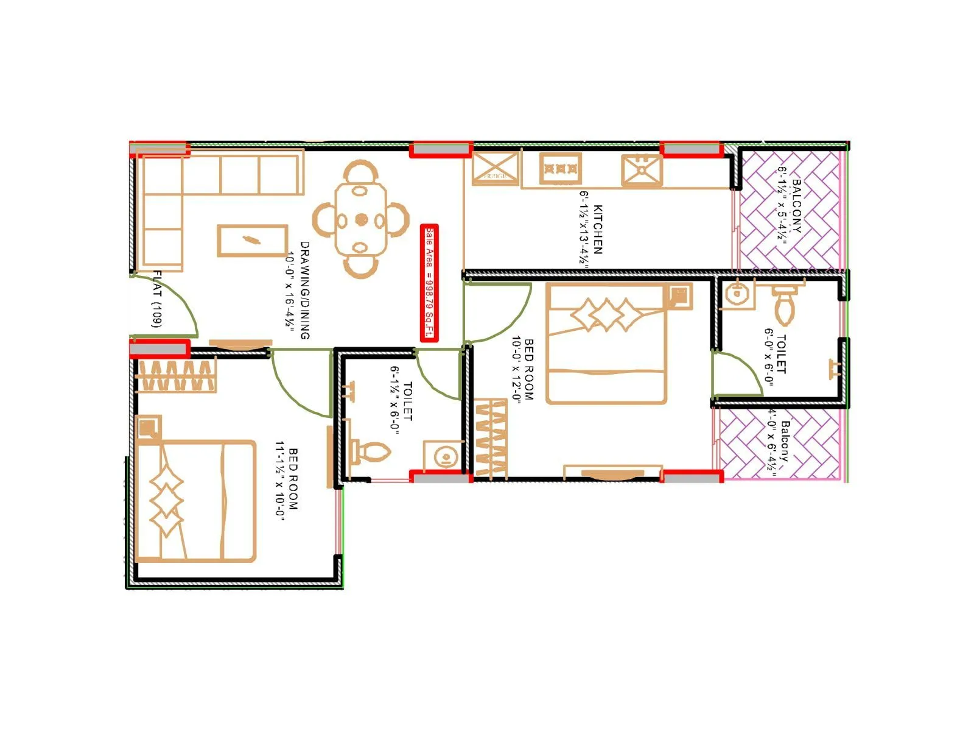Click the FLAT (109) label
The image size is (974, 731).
(x=157, y=299)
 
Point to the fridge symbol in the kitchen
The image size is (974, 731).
(x=496, y=168)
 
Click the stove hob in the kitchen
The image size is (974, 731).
(x=560, y=168)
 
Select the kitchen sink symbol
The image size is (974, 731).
(x=642, y=170)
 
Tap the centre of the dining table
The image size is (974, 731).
(x=361, y=219)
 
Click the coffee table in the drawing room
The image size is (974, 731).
(x=252, y=240)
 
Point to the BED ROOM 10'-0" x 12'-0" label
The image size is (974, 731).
(x=522, y=369)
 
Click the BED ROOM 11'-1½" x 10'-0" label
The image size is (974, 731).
(x=287, y=479)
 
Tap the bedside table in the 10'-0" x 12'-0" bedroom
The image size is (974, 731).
(x=678, y=297)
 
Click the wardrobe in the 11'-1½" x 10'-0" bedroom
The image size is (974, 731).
(x=177, y=375)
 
